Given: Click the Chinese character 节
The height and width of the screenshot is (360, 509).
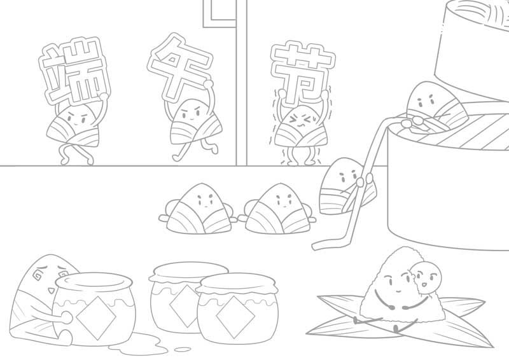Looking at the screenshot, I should [x=301, y=71].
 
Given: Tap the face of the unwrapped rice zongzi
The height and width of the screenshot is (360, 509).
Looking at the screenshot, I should [x=398, y=277].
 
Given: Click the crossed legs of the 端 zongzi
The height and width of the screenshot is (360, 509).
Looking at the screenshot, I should [x=74, y=153].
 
